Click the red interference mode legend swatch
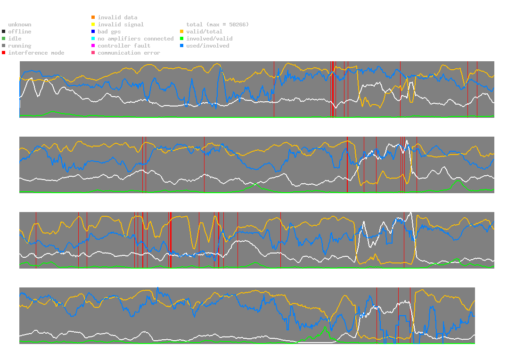pyautogui.click(x=4, y=53)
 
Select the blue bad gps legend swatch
pyautogui.click(x=93, y=32)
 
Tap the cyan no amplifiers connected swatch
pyautogui.click(x=93, y=39)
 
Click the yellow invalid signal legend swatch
pyautogui.click(x=93, y=25)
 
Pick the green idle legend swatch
pyautogui.click(x=4, y=39)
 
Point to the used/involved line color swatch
pyautogui.click(x=182, y=46)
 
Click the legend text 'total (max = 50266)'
pyautogui.click(x=217, y=25)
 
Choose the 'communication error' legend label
pyautogui.click(x=129, y=53)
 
